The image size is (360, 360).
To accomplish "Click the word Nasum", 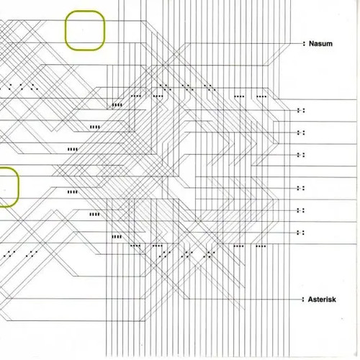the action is pos(320,44).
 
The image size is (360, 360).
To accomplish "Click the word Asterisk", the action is pos(322,300).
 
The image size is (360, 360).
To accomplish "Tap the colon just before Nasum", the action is pos(304,44).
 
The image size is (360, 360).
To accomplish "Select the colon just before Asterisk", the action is pos(303,300).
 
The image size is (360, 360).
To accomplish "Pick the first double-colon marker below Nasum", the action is pos(301,110).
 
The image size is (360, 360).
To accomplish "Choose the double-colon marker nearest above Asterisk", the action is pos(301,233).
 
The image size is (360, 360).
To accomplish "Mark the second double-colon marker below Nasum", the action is pos(301,132).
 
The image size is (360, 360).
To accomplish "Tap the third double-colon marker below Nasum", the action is pos(301,155).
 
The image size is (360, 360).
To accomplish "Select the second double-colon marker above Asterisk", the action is pos(301,210).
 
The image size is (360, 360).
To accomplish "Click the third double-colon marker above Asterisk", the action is pos(301,188).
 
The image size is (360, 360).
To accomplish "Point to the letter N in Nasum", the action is pos(311,44).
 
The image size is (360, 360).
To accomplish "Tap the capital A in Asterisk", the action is pos(311,300).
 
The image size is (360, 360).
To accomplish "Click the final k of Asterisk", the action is pos(334,300).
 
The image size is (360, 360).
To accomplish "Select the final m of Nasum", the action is pos(330,45).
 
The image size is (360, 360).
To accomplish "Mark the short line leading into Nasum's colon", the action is pos(296,44).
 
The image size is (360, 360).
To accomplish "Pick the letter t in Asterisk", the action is pos(318,300).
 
